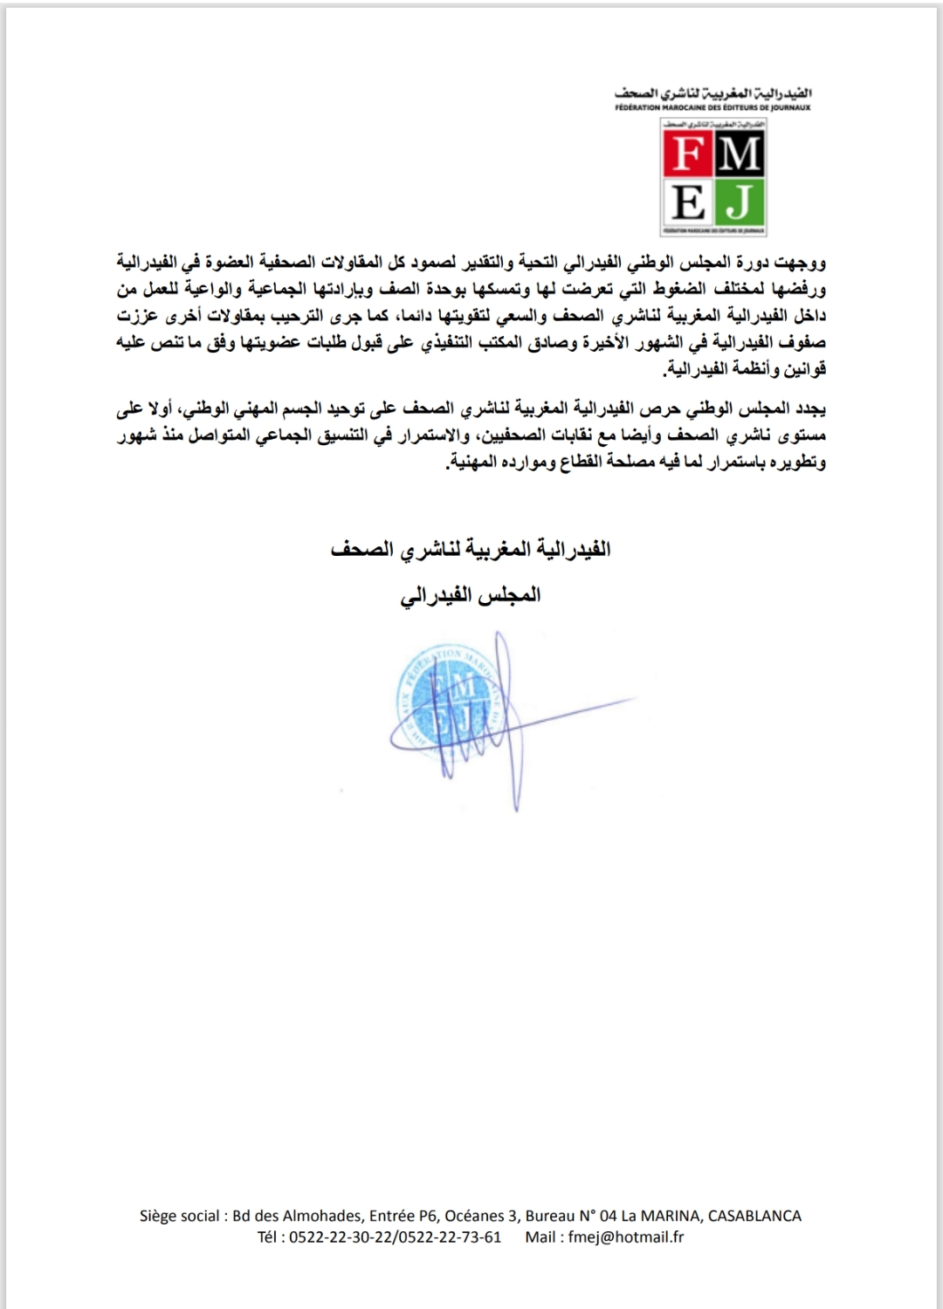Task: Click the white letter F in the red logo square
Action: coord(688,155)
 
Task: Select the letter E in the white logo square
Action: coord(688,204)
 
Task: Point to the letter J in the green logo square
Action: coord(740,204)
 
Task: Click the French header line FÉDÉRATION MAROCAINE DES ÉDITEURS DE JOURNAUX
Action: coord(712,107)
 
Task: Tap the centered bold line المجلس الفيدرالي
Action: coord(471,595)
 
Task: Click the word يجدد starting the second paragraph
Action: coord(811,408)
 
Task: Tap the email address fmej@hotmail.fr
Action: coord(626,1237)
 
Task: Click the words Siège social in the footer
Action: coord(179,1216)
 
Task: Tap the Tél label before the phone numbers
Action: coord(269,1237)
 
